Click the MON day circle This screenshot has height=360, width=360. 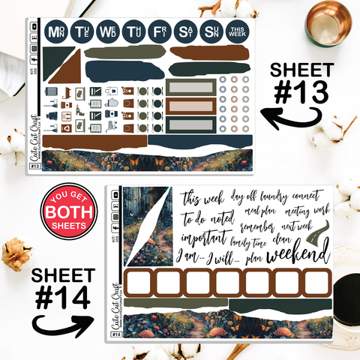click(55, 32)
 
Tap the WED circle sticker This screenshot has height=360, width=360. click(107, 32)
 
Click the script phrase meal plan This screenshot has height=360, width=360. click(262, 209)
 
